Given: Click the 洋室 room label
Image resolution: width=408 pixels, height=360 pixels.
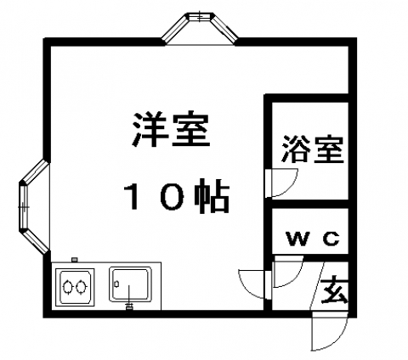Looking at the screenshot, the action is [x=172, y=130].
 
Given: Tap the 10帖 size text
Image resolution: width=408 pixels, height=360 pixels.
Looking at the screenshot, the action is [x=177, y=196].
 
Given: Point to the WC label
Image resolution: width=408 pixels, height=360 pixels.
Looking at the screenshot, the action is [x=313, y=239].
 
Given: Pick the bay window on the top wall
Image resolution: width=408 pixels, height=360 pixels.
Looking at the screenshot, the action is [x=200, y=28].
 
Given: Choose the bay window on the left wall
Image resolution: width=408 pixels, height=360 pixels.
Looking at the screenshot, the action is [x=34, y=206].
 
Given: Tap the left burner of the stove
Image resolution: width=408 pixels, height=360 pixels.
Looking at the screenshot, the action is [x=68, y=287].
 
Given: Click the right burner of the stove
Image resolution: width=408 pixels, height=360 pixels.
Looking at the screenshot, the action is [x=81, y=287].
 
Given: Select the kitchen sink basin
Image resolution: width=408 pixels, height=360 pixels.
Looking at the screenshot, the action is [x=130, y=285].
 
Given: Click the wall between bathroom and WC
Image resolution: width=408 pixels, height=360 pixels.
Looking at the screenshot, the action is [x=310, y=204].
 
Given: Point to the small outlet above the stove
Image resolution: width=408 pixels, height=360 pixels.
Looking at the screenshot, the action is [x=75, y=259].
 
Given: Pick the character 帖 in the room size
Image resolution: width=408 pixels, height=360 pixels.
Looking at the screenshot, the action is [x=212, y=196].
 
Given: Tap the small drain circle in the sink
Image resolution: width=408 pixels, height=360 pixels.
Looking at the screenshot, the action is [x=116, y=284].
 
